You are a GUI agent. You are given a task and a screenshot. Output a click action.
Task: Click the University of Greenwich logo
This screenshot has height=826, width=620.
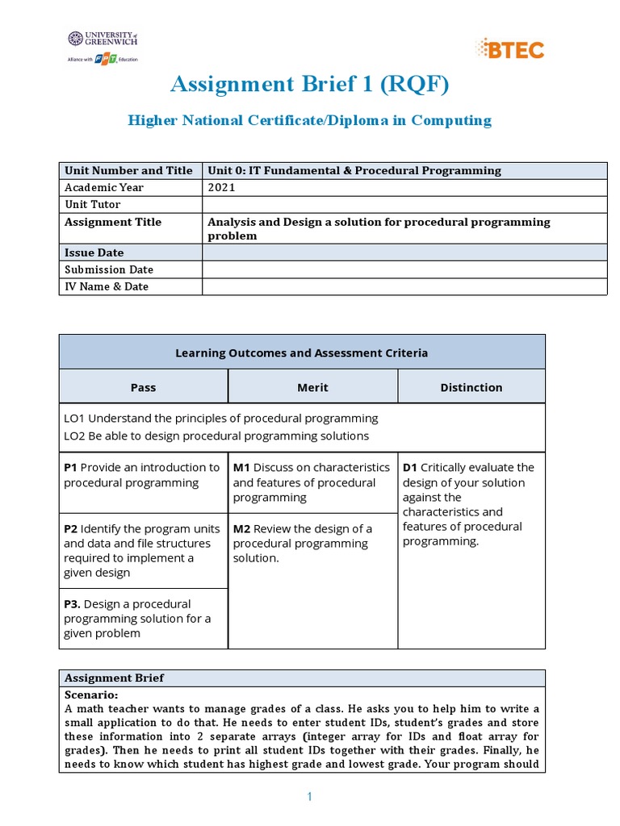103,39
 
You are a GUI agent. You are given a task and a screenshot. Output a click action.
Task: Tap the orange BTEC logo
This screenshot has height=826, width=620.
510,48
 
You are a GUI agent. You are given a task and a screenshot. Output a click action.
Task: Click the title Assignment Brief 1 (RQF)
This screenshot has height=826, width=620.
309,83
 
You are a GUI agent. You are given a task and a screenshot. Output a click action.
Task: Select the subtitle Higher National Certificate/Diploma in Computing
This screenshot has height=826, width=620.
309,120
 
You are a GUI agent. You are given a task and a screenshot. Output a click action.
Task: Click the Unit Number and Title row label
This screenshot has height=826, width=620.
128,170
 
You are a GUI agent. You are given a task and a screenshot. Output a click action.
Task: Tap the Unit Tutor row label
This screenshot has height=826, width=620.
92,205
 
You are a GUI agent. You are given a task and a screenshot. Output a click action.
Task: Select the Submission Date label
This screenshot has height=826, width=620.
108,269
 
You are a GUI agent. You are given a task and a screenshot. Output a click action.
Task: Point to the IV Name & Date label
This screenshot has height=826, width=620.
107,286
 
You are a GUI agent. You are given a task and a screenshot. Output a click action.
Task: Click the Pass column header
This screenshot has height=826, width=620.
143,387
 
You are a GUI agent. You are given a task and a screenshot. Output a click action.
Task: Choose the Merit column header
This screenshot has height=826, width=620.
312,387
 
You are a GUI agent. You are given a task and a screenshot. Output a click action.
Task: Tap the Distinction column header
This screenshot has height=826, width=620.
471,387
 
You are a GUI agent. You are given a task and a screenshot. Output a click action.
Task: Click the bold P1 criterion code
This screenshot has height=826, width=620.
70,467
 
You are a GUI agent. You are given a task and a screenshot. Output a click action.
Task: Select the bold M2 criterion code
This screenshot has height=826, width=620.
241,528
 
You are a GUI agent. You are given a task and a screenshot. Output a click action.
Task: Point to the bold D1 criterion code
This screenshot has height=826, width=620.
410,467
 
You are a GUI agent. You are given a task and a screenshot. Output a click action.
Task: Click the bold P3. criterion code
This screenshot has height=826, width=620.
72,603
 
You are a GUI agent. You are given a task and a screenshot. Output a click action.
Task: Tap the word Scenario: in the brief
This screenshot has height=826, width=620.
91,695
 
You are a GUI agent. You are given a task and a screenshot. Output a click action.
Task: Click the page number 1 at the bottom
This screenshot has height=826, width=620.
309,797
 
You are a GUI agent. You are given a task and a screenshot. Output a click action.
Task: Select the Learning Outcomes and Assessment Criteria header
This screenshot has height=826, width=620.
301,353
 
